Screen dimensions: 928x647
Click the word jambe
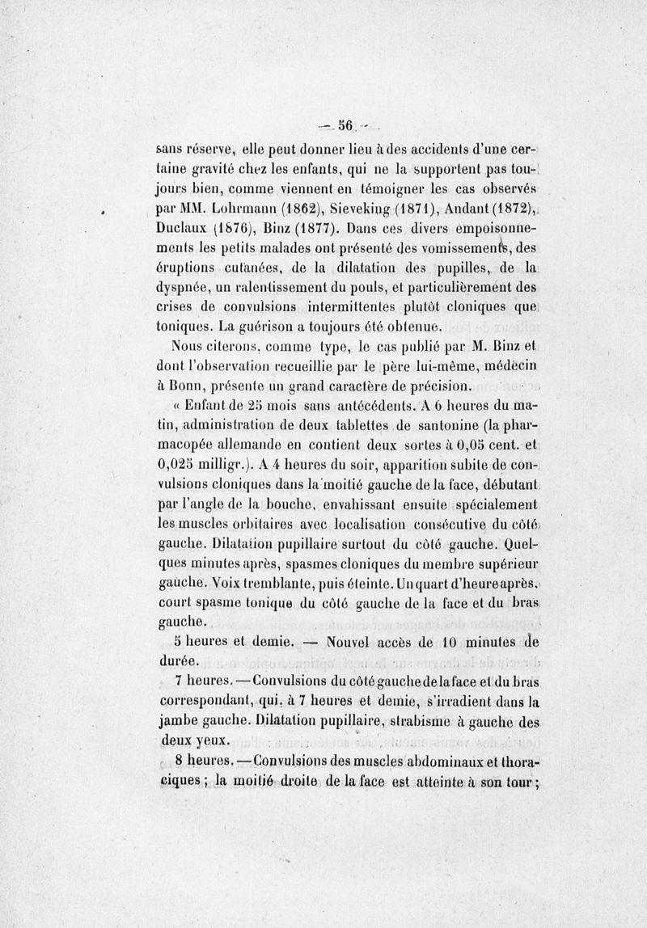click(178, 721)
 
